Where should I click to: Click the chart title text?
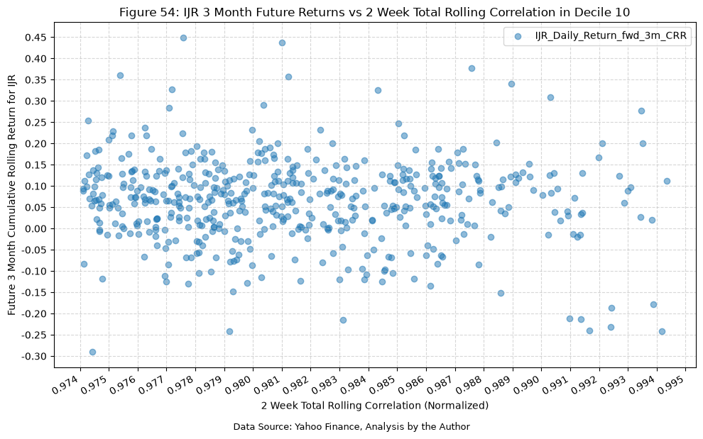point(374,12)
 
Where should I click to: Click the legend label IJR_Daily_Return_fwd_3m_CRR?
point(611,36)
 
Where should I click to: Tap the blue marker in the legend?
point(518,36)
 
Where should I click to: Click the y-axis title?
point(11,195)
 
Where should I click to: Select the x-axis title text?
point(375,406)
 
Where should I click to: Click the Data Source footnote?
point(351,427)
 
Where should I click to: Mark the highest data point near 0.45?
point(183,38)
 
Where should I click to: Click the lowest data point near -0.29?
point(92,352)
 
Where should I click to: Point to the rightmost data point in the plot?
point(667,182)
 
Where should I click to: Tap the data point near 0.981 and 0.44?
point(282,43)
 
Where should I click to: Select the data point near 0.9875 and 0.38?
point(472,69)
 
